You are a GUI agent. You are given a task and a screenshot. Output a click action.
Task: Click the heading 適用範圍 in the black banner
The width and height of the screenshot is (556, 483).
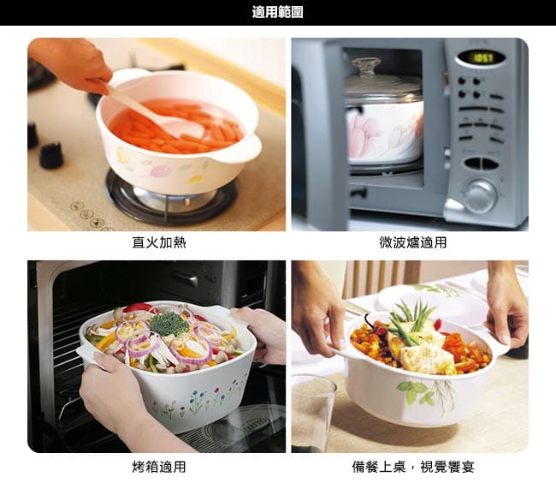coord(278,13)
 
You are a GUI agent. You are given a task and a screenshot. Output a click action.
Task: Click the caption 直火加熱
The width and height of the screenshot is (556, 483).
coord(159,242)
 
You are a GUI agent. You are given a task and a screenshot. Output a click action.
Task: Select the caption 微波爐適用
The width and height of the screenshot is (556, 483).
coord(413,242)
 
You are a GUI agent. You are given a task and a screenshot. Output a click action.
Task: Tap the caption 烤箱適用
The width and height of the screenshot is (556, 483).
coord(159,467)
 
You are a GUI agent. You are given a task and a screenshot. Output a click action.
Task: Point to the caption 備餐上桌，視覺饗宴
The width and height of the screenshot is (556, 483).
coord(413,467)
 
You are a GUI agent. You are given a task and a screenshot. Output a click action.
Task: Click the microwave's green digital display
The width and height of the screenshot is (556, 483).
coord(483,58)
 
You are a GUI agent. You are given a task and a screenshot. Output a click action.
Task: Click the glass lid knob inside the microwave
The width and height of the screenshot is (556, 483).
coord(366,67)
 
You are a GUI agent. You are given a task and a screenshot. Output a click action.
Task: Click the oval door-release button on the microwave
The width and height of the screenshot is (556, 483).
coord(482,164)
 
